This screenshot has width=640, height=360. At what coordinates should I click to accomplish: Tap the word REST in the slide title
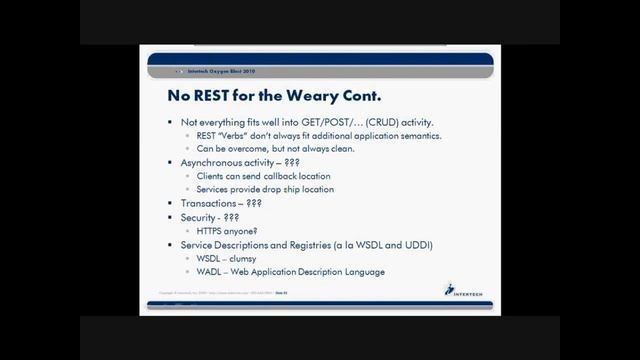[x=216, y=98]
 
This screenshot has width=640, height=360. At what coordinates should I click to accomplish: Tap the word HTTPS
[x=211, y=230]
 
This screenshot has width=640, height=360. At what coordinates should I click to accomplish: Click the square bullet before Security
[x=171, y=217]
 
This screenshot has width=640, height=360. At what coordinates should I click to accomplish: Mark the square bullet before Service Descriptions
[x=171, y=244]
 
